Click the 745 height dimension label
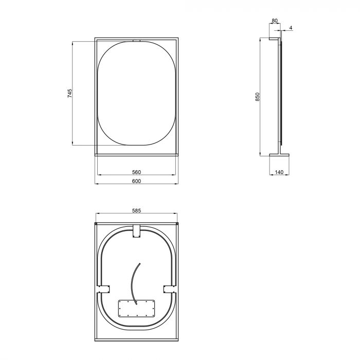coord(69,94)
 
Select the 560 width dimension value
coord(136,172)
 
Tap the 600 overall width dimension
coord(136,181)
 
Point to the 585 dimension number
coord(136,210)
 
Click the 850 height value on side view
coord(258,96)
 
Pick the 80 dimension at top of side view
coord(274,21)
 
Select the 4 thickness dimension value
coord(291,27)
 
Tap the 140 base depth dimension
coord(279,172)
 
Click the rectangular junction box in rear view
coord(136,309)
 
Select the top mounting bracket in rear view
coord(137,231)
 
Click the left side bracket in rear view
coord(104,289)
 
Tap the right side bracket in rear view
coord(169,289)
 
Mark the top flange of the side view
coord(274,39)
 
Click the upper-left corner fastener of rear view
coord(96,224)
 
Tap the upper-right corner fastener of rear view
coord(177,224)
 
